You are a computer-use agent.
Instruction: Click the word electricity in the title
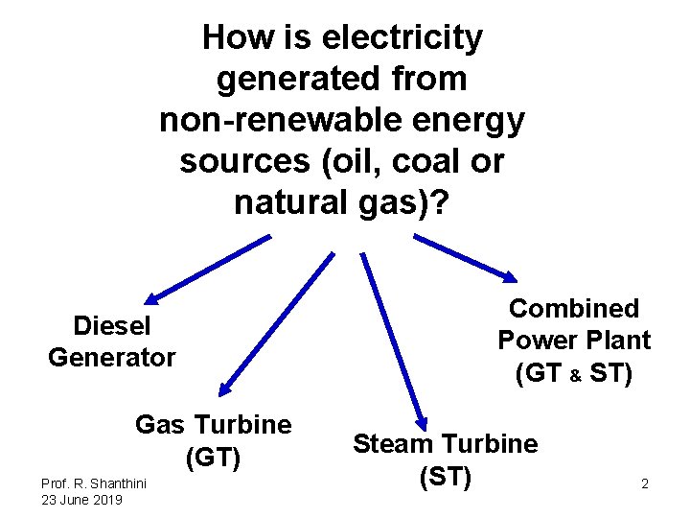point(402,38)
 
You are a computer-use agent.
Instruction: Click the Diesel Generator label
point(112,341)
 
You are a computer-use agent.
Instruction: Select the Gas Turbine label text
point(213,424)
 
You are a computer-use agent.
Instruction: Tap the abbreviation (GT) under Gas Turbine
point(213,458)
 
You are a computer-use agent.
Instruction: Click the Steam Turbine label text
point(445,443)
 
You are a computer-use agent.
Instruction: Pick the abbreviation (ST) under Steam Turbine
point(445,476)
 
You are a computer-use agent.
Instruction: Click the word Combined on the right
point(573,308)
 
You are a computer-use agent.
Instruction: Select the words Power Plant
point(573,341)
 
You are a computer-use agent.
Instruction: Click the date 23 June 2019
point(81,500)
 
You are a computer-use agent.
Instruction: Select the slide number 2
point(645,483)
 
